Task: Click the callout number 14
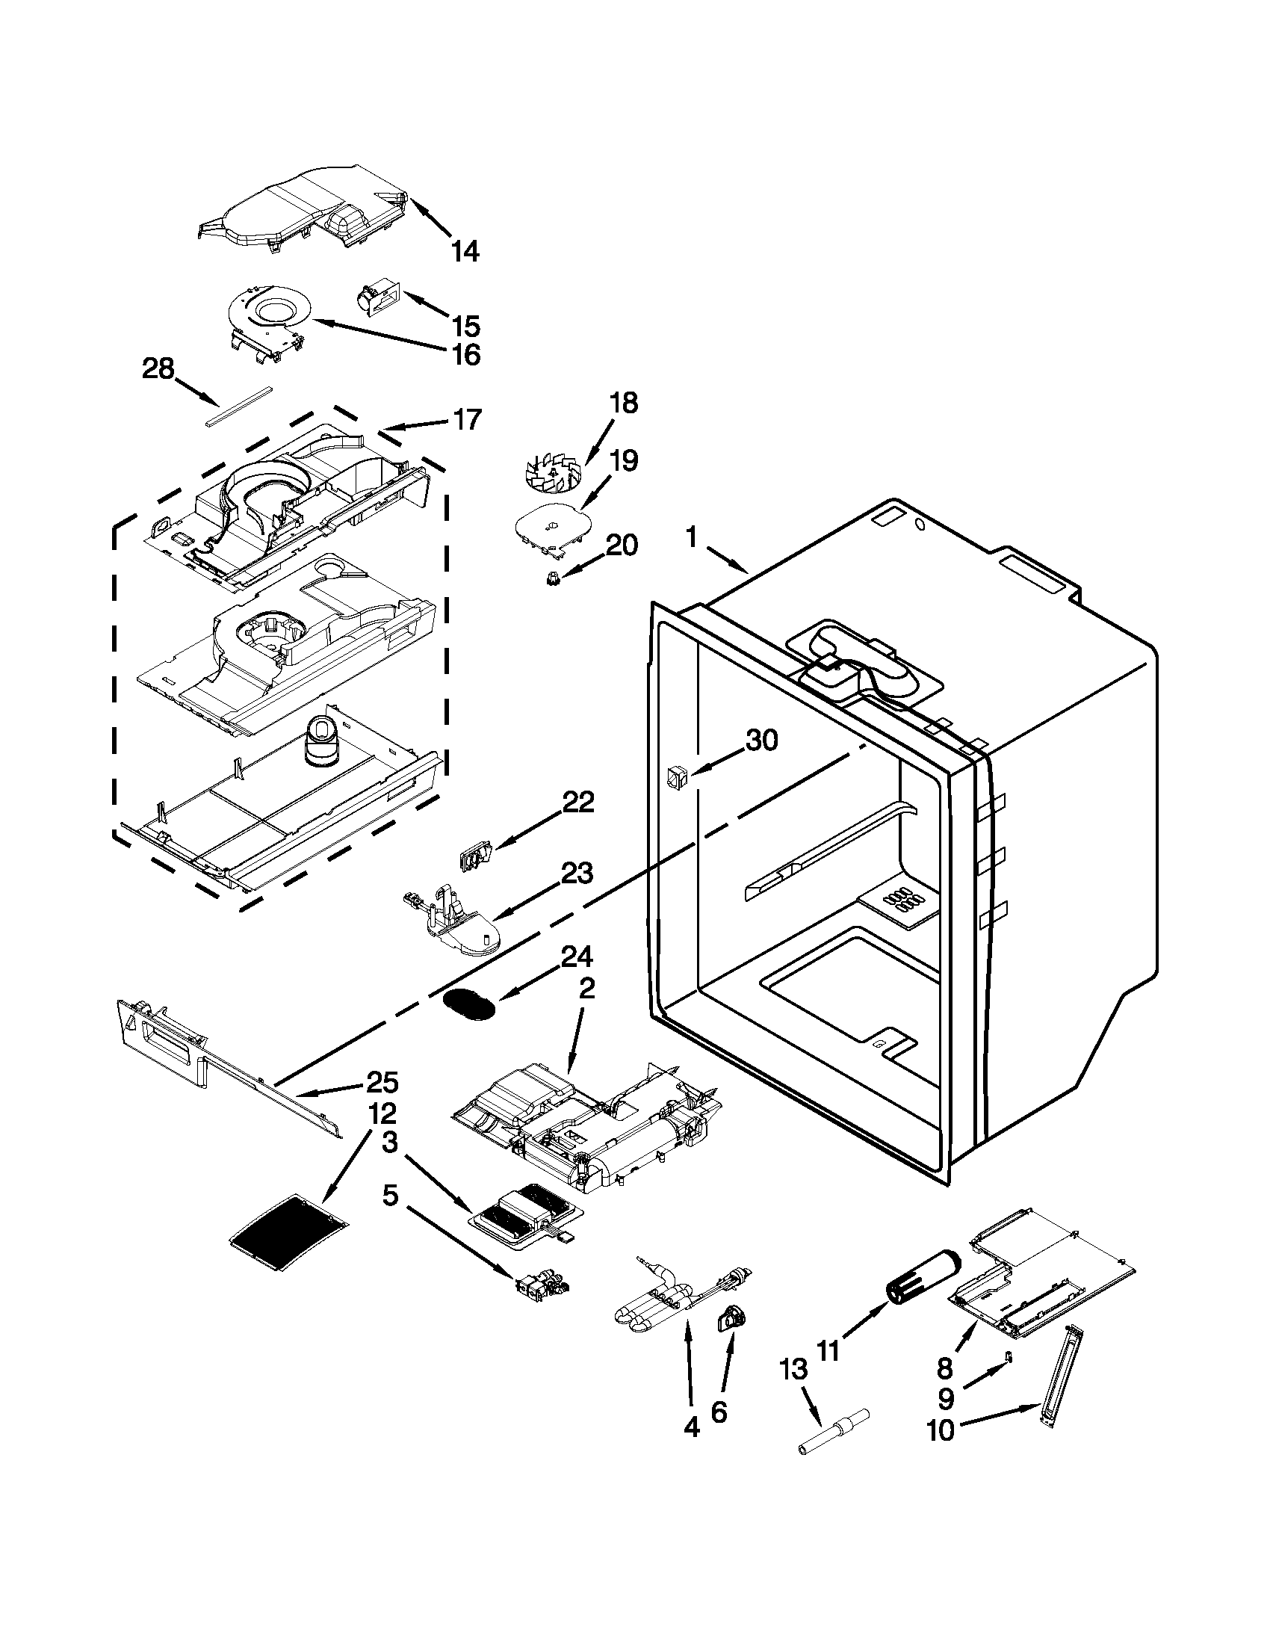point(464,251)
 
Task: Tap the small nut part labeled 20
point(553,578)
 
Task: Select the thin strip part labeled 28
point(237,407)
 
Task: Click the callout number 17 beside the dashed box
point(466,419)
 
